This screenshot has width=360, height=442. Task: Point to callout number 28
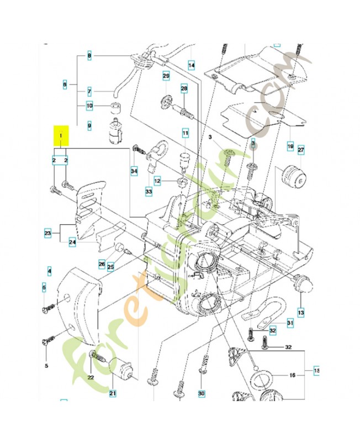184,88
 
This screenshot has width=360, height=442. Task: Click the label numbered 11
186,133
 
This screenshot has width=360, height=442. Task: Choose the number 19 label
290,146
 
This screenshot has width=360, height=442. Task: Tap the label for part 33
149,191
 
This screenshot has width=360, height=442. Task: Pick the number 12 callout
157,181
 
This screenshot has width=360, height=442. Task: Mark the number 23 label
48,234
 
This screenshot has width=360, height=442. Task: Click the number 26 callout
102,264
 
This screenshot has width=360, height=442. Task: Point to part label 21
113,393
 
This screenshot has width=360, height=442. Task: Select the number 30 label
202,393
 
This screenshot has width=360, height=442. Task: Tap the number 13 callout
301,313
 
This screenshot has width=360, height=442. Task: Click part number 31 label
290,323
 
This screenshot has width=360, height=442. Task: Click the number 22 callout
91,377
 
